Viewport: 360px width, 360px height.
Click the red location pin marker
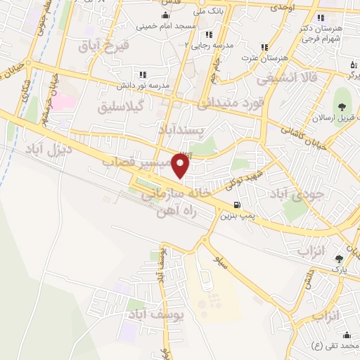(181, 167)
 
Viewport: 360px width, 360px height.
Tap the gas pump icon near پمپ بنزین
(236, 205)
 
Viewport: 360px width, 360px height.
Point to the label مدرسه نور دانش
(144, 84)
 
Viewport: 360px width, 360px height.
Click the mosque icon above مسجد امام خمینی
(165, 15)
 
